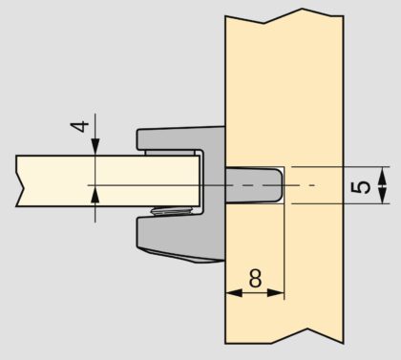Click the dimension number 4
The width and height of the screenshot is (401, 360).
click(x=79, y=126)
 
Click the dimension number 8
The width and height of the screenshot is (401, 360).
click(x=255, y=278)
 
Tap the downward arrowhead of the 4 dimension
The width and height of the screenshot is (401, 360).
click(x=95, y=147)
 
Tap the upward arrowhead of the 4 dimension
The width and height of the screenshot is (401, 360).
click(x=95, y=194)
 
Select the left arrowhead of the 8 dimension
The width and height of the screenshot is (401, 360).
click(x=234, y=293)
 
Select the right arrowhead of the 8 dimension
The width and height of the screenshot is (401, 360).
click(x=275, y=293)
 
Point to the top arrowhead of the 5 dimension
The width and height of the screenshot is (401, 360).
click(x=383, y=176)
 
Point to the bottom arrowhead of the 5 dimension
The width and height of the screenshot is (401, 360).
click(x=383, y=194)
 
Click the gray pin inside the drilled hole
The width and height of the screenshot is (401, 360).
click(x=254, y=185)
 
